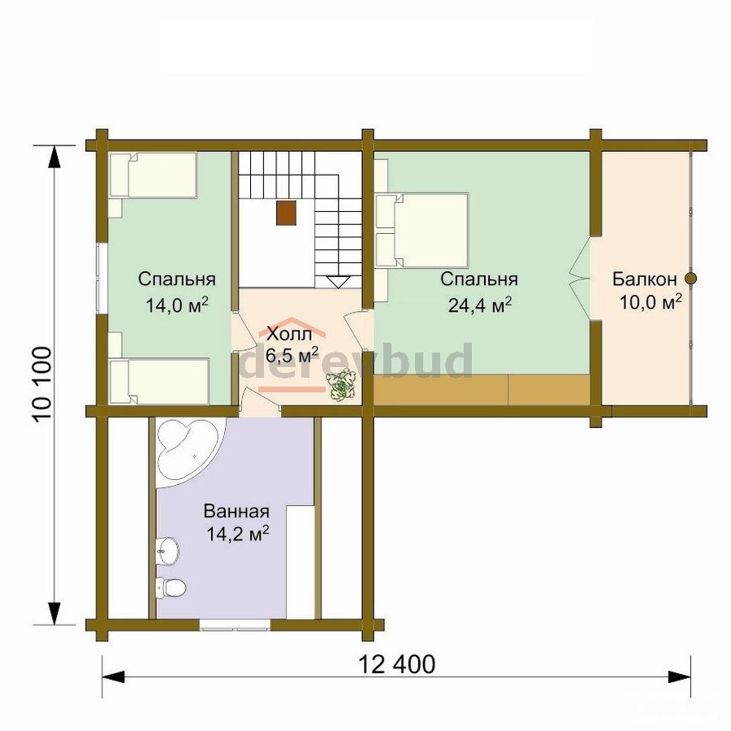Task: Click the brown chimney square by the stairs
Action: (286, 213)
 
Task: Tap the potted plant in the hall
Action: (343, 384)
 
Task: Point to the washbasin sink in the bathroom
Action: (167, 550)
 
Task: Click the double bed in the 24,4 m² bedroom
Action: (422, 231)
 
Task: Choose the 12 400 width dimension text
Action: (396, 664)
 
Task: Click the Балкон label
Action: (645, 279)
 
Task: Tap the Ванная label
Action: (236, 511)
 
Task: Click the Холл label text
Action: (289, 334)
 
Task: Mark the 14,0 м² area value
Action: (177, 305)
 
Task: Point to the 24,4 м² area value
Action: (480, 305)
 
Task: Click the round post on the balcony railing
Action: (691, 279)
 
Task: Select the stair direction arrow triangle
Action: (339, 283)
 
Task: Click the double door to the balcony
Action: (580, 279)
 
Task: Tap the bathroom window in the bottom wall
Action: (236, 625)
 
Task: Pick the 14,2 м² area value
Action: (238, 534)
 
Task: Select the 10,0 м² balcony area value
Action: (651, 302)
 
